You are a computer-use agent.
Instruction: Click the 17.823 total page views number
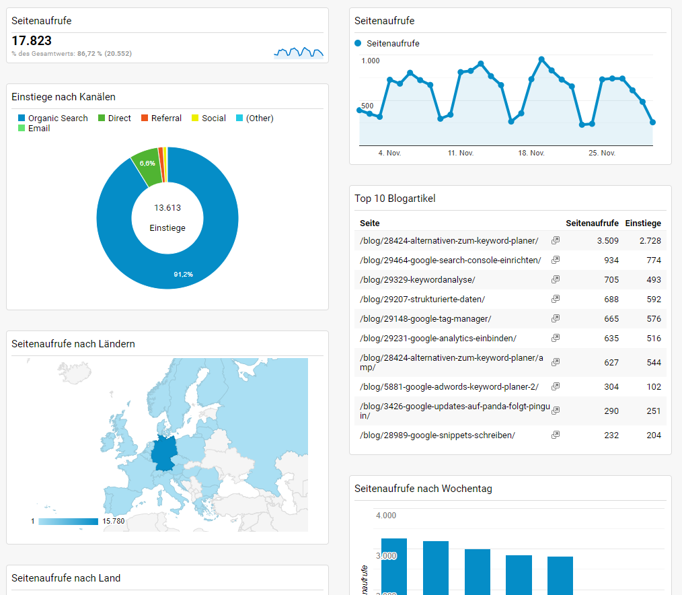pos(32,41)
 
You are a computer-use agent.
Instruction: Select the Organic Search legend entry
pos(57,118)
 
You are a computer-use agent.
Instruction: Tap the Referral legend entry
pos(166,118)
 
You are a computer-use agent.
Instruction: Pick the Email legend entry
pos(39,129)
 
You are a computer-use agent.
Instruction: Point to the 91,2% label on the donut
pos(183,275)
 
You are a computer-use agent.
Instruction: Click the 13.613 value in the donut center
pos(167,208)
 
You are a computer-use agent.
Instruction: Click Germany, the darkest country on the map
pos(165,452)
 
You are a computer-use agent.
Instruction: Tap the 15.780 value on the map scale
pos(114,522)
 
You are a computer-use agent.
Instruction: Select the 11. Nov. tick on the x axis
pos(461,153)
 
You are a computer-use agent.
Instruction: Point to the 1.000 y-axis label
pos(371,61)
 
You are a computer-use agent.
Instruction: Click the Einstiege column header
pos(643,223)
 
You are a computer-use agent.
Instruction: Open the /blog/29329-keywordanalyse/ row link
pos(418,280)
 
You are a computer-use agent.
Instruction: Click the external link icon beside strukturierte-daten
pos(556,299)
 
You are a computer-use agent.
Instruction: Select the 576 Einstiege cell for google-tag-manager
pos(653,319)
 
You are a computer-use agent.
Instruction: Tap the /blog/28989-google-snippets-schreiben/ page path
pos(437,435)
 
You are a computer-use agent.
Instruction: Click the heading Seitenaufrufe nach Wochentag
pos(423,489)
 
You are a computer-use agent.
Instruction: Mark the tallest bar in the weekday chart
pos(394,566)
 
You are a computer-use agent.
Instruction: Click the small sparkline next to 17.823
pos(298,52)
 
